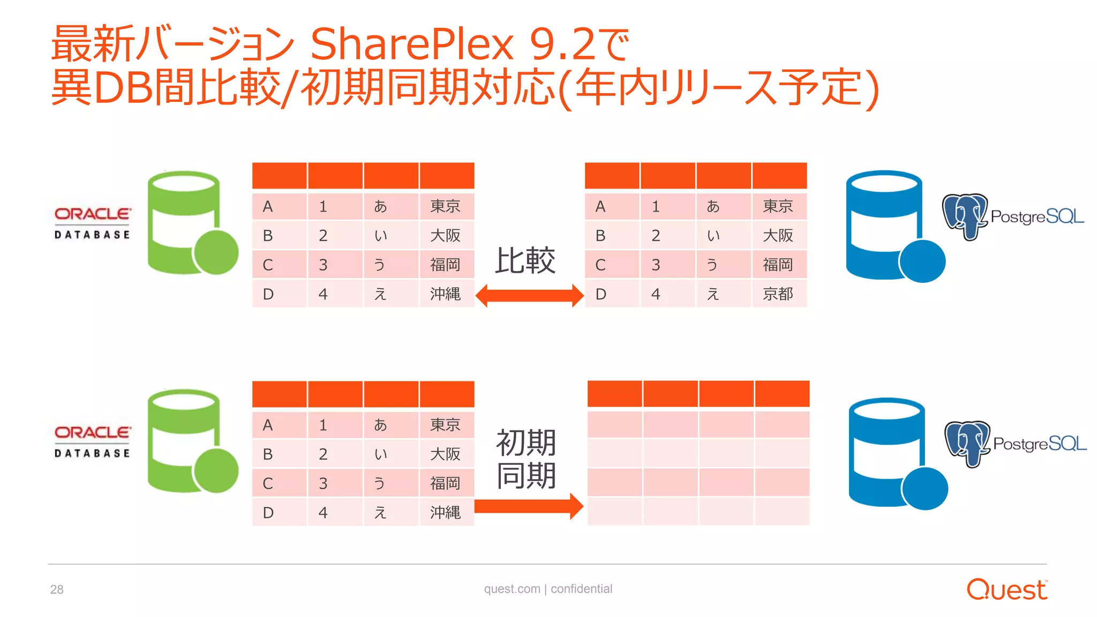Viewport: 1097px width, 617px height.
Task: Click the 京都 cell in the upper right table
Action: coord(778,294)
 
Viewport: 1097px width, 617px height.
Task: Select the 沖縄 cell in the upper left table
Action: coord(445,294)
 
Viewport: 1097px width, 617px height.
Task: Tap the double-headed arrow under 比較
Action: coord(529,296)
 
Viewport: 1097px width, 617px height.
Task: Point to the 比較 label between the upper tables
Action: coord(525,261)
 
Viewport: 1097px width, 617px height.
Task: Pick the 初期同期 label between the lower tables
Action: coord(526,459)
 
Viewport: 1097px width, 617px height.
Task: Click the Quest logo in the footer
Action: coord(1006,589)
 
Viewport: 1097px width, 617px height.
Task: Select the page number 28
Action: coord(57,590)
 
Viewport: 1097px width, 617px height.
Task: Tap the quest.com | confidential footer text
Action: coord(548,589)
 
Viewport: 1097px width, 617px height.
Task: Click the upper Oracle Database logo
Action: coord(92,223)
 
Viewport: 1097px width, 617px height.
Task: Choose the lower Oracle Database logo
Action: coord(92,441)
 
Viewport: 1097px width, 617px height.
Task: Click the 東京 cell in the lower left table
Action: coord(445,425)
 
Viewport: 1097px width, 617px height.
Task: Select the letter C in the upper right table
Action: coord(600,265)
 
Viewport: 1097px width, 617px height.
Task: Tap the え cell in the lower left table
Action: coord(380,513)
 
